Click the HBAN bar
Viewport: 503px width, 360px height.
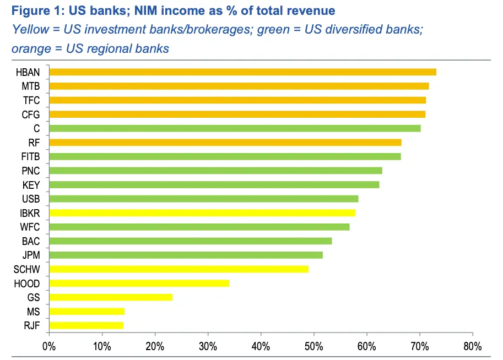(x=242, y=72)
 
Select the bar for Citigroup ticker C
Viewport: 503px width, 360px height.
(x=235, y=128)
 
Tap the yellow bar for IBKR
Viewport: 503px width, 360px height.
(x=202, y=212)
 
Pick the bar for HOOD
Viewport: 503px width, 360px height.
(x=139, y=283)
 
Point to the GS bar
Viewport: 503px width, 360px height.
(x=111, y=297)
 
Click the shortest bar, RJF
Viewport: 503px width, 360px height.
(x=86, y=325)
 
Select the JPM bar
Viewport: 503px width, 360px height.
(x=186, y=255)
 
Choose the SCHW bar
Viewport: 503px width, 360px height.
(x=179, y=269)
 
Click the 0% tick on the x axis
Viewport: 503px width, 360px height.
(x=49, y=347)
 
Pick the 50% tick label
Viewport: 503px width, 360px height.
(x=313, y=347)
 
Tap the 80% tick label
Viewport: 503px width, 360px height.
(x=472, y=347)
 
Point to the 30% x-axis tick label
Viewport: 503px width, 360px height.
(x=208, y=347)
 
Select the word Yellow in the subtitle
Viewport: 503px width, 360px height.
(x=28, y=29)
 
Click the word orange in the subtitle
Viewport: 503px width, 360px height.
(x=29, y=48)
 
